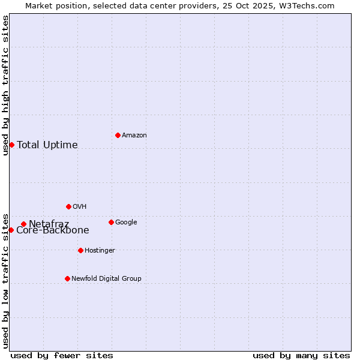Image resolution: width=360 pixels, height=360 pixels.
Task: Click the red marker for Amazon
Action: pos(118,135)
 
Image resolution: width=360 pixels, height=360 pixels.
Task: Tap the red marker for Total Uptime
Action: pos(11,145)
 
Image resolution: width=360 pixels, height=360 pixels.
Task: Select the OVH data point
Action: pos(68,206)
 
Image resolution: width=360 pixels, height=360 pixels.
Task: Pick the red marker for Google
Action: pos(111,222)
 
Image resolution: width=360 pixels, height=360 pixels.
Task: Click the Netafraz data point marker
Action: pos(23,224)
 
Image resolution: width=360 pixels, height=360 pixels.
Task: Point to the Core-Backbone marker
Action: pos(11,230)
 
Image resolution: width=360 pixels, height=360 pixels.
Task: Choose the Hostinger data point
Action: pos(80,250)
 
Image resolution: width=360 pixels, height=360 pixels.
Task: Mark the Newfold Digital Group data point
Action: pos(67,278)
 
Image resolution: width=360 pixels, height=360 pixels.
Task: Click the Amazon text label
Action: pos(134,136)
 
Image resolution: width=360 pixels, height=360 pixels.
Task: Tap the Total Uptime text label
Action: pos(47,145)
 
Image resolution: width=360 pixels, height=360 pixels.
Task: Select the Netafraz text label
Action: pos(49,224)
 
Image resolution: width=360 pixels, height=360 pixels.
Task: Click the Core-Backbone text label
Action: pos(53,230)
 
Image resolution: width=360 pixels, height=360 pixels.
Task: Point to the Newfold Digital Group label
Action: pos(107,279)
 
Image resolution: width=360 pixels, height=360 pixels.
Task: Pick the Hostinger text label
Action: pos(100,251)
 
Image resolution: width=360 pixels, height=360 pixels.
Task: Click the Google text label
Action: pos(126,223)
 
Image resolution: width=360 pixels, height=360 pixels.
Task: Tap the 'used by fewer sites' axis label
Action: pos(62,355)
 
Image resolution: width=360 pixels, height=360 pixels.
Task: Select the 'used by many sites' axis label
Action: pos(301,355)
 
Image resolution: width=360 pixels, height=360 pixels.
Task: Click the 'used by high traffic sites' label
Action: pos(5,85)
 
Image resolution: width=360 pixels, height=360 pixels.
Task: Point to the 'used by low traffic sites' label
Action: pos(5,280)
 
